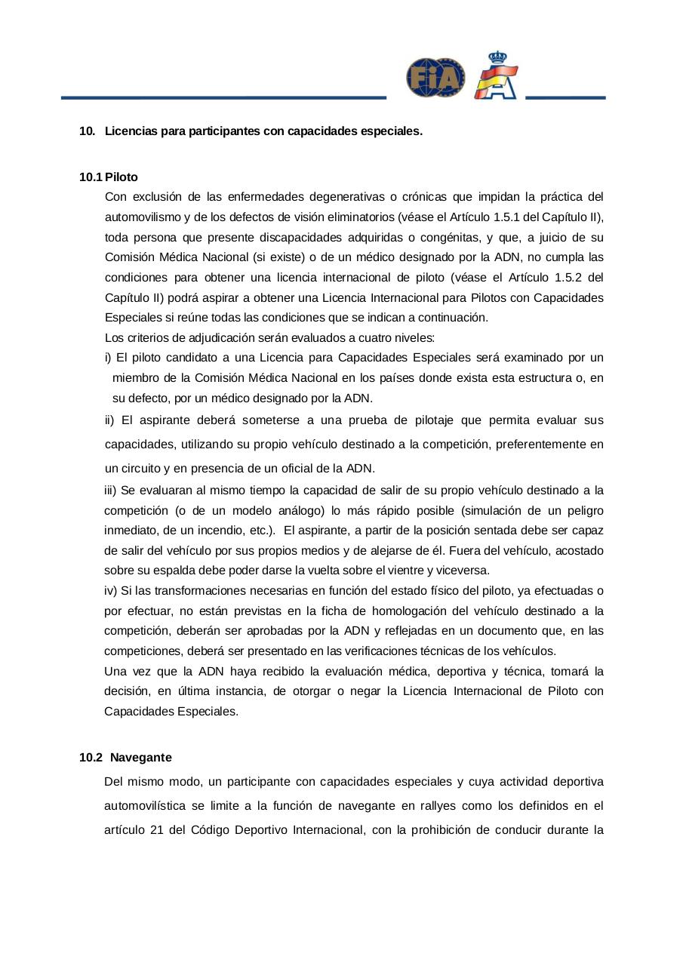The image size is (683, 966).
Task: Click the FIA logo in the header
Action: click(x=435, y=78)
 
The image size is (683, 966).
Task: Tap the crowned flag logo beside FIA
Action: click(x=497, y=76)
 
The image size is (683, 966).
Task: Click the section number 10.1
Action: click(x=90, y=177)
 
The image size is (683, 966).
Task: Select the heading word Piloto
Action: click(x=122, y=177)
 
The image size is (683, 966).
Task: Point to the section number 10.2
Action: click(x=90, y=757)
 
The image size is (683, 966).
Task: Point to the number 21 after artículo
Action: click(x=152, y=831)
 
